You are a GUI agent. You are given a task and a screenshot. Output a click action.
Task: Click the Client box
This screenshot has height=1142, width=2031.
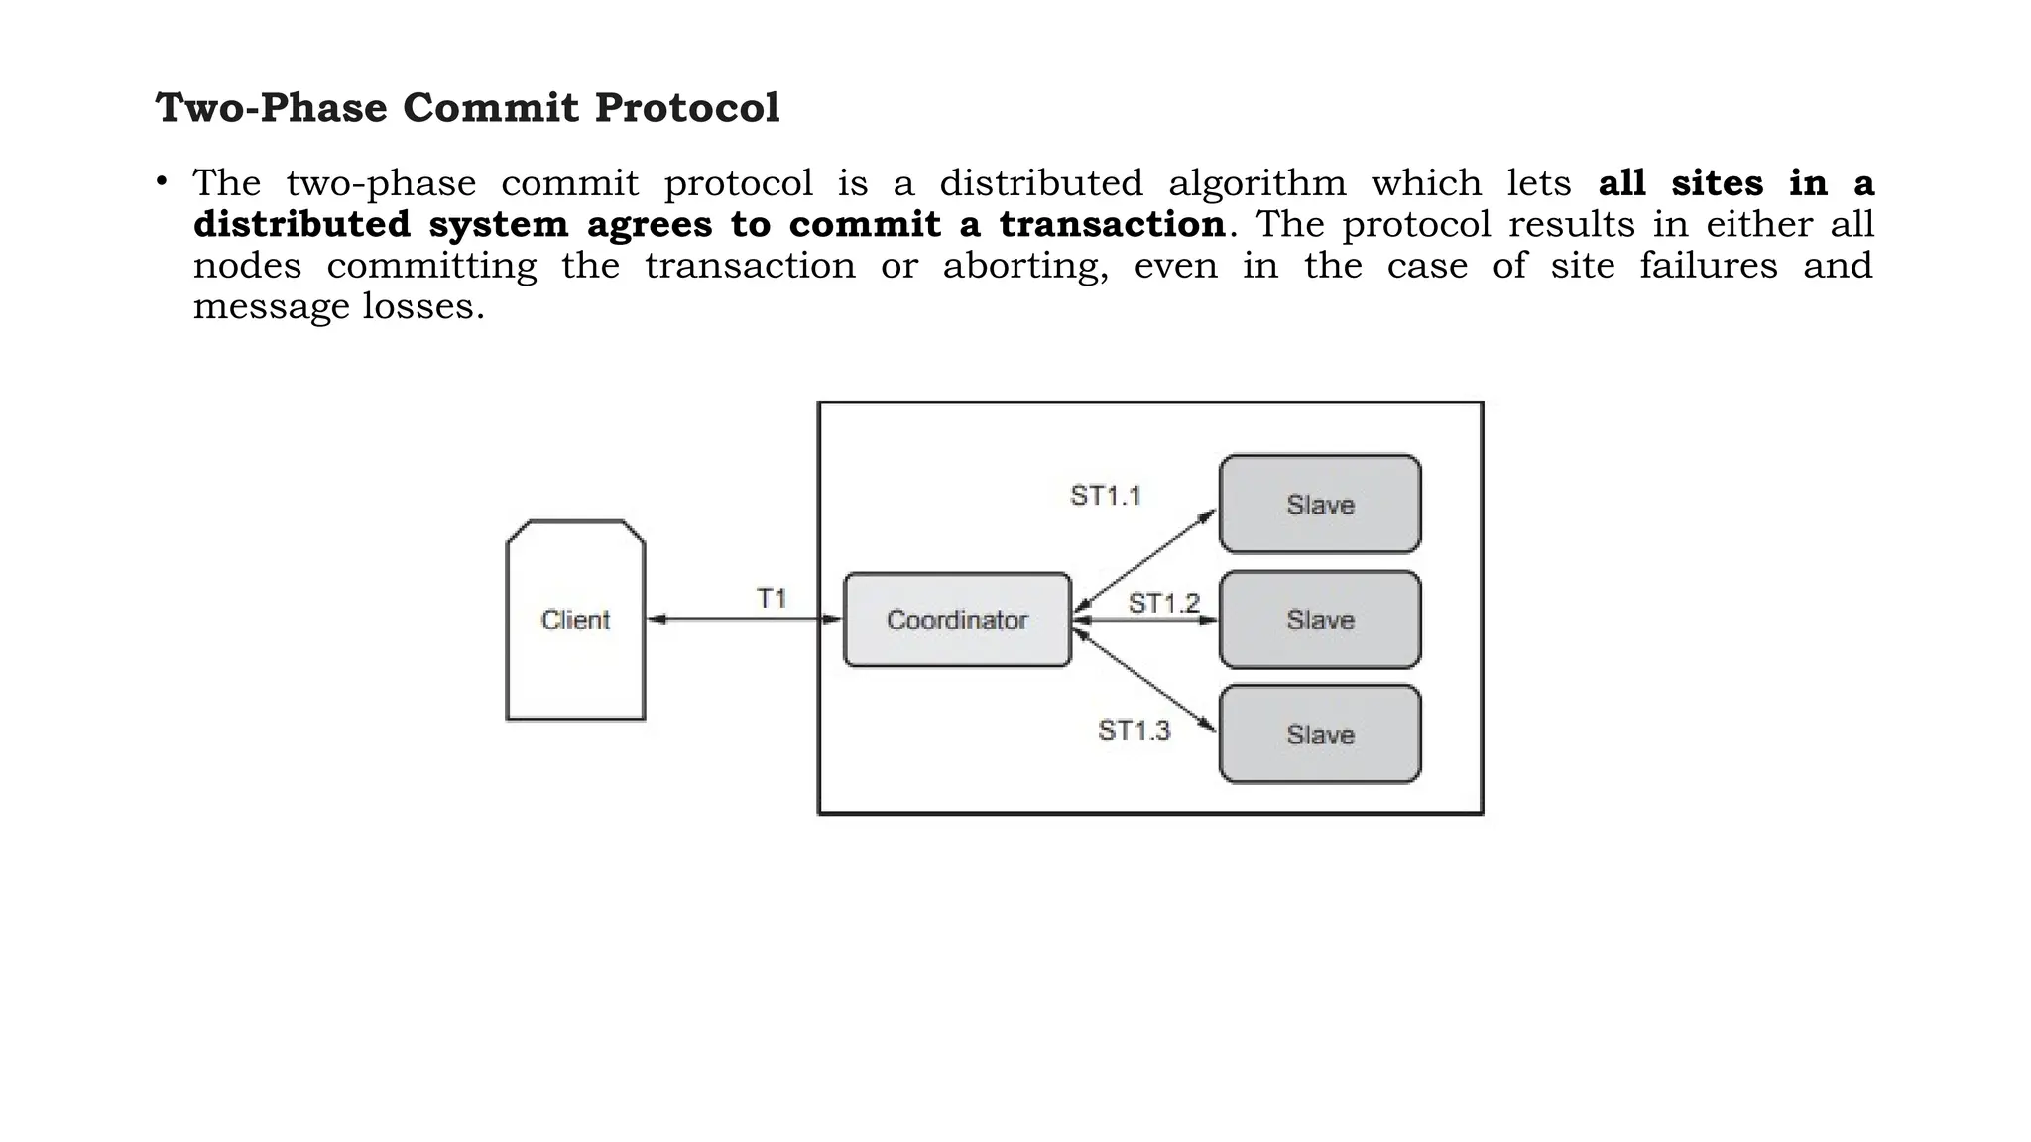pyautogui.click(x=575, y=621)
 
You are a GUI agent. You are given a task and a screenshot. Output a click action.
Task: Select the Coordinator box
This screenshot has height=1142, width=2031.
pyautogui.click(x=957, y=621)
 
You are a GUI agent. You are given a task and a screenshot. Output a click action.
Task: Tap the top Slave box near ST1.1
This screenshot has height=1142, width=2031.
pyautogui.click(x=1320, y=505)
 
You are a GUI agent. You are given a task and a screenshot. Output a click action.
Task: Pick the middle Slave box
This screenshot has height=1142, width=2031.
pyautogui.click(x=1320, y=621)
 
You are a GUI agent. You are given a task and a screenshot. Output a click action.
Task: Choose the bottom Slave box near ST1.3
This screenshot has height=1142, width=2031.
pyautogui.click(x=1320, y=735)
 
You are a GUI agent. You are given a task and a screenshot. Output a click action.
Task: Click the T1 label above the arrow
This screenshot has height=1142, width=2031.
pyautogui.click(x=772, y=599)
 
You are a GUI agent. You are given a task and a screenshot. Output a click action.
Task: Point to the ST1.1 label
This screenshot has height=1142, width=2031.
pyautogui.click(x=1106, y=496)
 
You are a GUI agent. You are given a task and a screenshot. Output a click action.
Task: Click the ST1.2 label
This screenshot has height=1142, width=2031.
pyautogui.click(x=1163, y=603)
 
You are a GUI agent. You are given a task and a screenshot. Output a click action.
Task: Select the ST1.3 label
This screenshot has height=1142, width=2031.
pyautogui.click(x=1134, y=731)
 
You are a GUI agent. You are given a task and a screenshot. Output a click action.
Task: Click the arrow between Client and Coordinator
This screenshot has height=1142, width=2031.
pyautogui.click(x=744, y=620)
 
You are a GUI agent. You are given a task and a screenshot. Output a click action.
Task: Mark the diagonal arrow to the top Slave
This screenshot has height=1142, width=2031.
pyautogui.click(x=1145, y=560)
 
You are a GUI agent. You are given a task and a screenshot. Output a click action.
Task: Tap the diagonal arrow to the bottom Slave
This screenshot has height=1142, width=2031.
pyautogui.click(x=1145, y=680)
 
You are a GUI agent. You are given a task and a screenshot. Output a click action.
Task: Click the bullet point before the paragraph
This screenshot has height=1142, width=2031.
pyautogui.click(x=161, y=182)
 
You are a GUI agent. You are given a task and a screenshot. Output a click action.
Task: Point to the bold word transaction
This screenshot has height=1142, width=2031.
pyautogui.click(x=1112, y=225)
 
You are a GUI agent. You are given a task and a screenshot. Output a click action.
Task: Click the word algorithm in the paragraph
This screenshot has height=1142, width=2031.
pyautogui.click(x=1256, y=184)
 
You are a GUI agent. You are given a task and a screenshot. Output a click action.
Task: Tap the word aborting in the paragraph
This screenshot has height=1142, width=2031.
pyautogui.click(x=1024, y=267)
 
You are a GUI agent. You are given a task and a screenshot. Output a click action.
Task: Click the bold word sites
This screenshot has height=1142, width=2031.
pyautogui.click(x=1717, y=184)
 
